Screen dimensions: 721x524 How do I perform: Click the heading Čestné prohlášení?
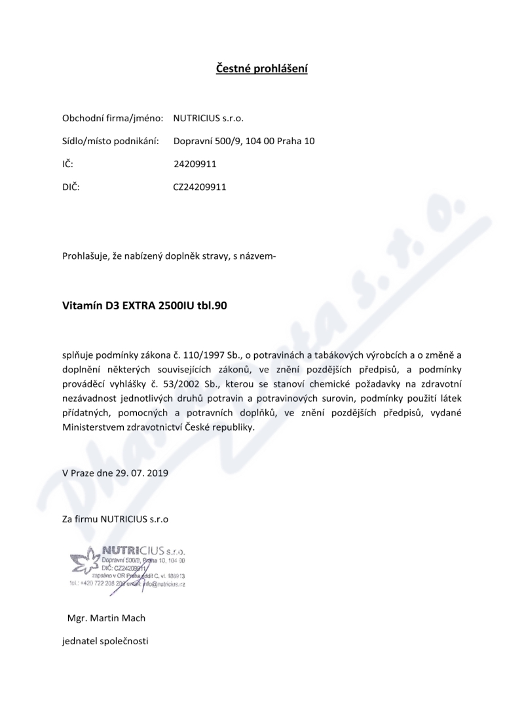(262, 68)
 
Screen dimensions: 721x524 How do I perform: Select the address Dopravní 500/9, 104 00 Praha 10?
(244, 141)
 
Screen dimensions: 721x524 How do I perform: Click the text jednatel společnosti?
(105, 640)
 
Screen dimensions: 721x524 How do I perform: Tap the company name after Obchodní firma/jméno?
(208, 119)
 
